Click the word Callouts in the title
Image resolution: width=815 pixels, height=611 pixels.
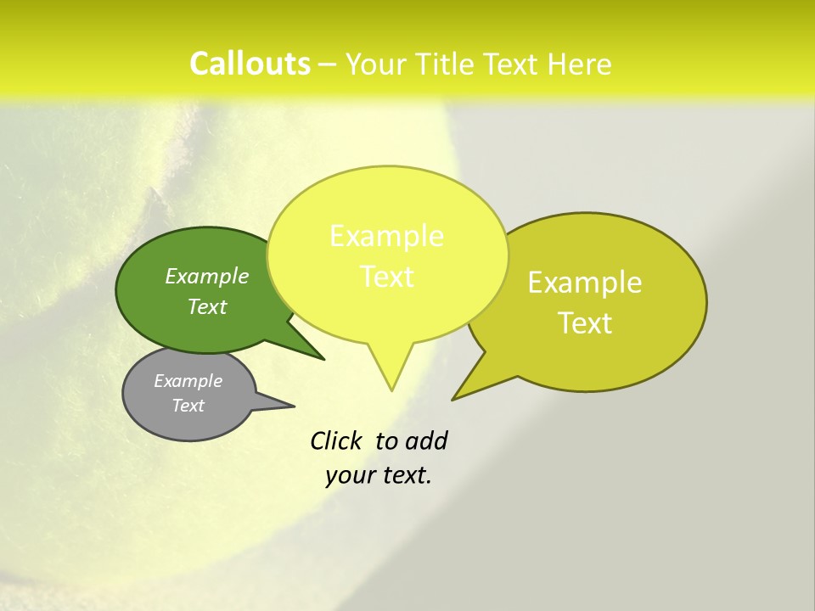click(x=250, y=64)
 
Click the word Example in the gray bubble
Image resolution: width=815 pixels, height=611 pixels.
click(x=188, y=381)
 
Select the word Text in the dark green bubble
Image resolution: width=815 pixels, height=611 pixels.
click(x=207, y=306)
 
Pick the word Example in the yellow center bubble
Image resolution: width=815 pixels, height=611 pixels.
click(x=386, y=236)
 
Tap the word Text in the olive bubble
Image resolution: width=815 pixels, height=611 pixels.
click(x=585, y=323)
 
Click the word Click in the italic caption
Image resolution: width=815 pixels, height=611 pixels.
click(x=337, y=440)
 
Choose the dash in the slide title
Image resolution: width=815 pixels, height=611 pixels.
click(x=329, y=64)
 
